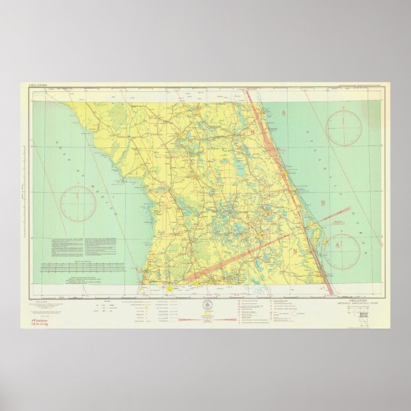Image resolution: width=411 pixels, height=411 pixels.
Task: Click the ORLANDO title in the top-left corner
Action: point(39,86)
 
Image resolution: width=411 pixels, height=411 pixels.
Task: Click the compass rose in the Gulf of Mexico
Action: point(78,202)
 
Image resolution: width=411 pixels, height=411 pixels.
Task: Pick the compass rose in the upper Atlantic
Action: point(344,128)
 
